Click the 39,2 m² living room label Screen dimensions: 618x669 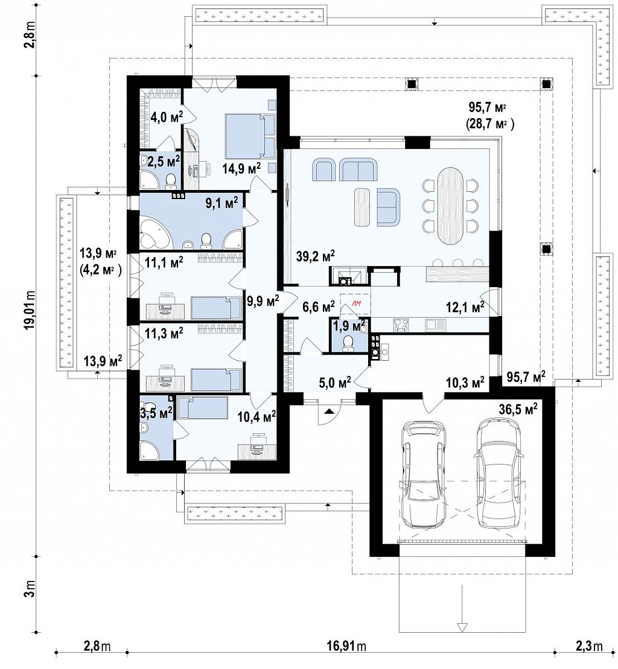point(315,256)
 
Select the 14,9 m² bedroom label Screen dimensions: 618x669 point(241,168)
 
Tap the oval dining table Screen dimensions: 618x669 point(450,206)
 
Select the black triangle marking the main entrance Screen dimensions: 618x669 point(329,411)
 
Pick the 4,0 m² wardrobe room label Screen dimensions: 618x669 point(167,116)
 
